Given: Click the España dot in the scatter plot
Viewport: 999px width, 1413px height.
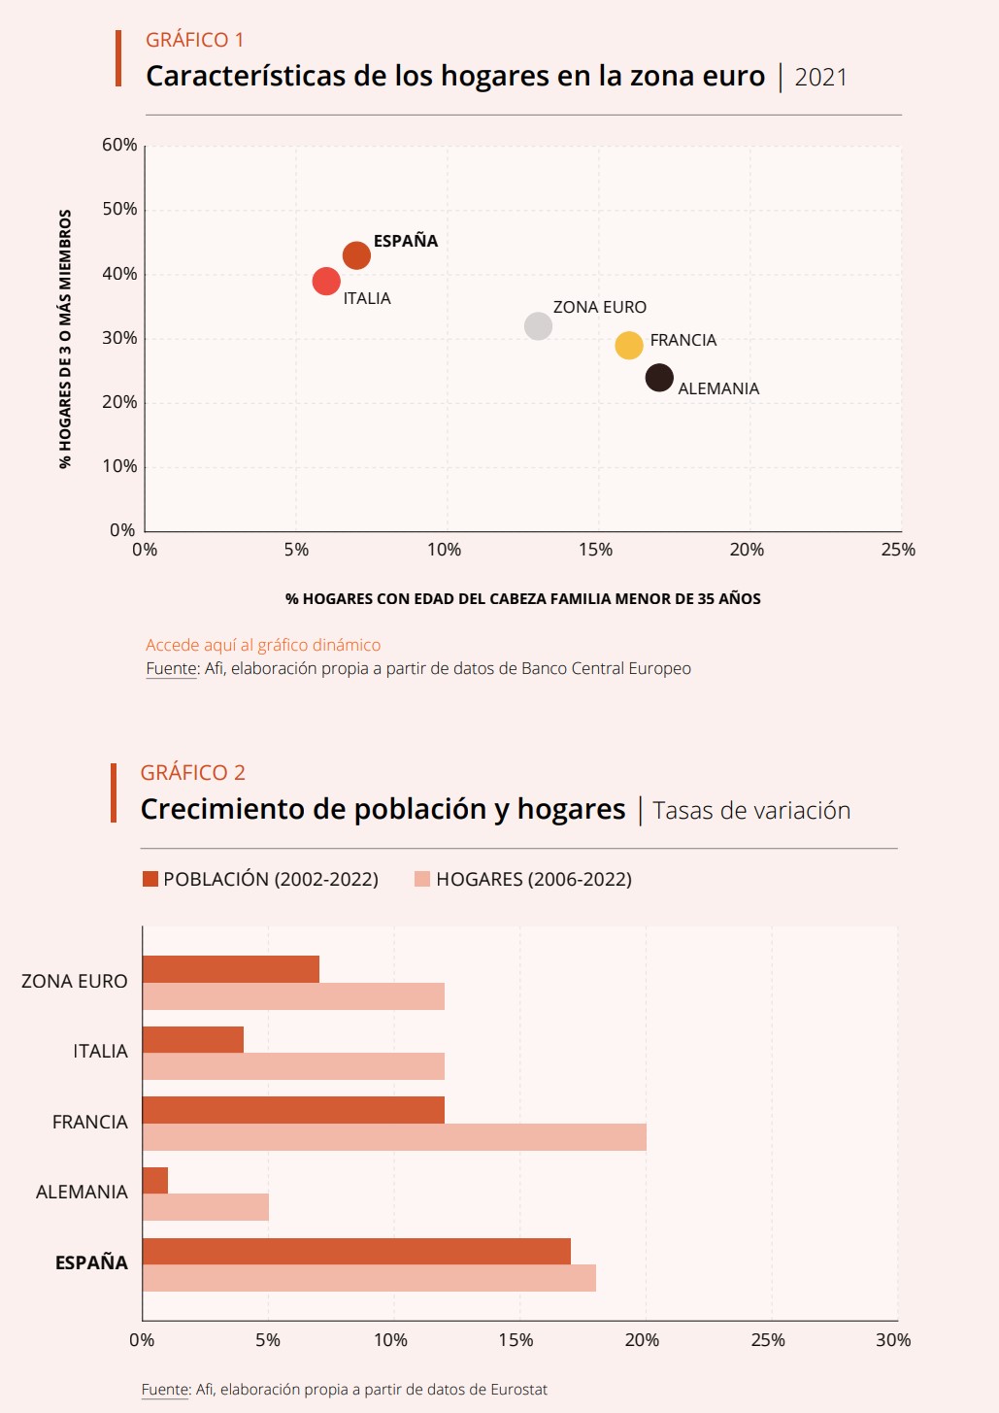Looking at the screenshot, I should (x=356, y=255).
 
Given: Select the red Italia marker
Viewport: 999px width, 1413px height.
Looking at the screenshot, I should (x=326, y=281).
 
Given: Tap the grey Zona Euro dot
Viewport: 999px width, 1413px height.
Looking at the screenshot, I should (x=538, y=326).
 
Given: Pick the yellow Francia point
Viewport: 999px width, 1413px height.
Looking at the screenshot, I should (x=629, y=345).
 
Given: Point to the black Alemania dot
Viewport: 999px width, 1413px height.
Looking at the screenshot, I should (x=659, y=377).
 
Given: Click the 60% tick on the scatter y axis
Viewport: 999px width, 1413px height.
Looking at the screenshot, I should (x=119, y=145).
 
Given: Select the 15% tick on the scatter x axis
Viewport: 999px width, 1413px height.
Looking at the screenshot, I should (x=595, y=550).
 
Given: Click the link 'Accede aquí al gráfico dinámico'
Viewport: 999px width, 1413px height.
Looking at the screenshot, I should (x=263, y=645).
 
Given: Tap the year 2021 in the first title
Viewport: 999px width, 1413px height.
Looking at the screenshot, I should (x=820, y=78).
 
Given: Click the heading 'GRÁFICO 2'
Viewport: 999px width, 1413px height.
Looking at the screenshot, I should (x=193, y=773).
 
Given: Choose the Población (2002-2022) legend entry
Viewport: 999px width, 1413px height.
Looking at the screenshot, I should (x=260, y=879).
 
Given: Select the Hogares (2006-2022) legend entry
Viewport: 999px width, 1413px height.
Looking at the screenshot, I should (x=523, y=879).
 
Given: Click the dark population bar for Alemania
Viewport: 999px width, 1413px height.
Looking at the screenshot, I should (x=155, y=1180).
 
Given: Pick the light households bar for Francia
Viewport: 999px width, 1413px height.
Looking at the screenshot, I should (x=394, y=1137).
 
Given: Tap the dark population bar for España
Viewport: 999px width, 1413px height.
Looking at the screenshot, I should (x=356, y=1251).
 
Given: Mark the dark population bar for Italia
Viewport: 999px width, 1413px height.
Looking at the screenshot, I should (x=193, y=1039).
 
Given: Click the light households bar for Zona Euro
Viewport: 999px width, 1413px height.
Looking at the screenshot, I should (x=293, y=996).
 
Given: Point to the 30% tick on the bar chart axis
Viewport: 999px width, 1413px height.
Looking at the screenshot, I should (x=893, y=1340).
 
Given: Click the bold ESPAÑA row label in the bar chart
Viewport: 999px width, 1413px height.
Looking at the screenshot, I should (x=91, y=1262).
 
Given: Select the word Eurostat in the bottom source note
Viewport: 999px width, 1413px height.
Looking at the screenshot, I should (x=518, y=1390).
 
